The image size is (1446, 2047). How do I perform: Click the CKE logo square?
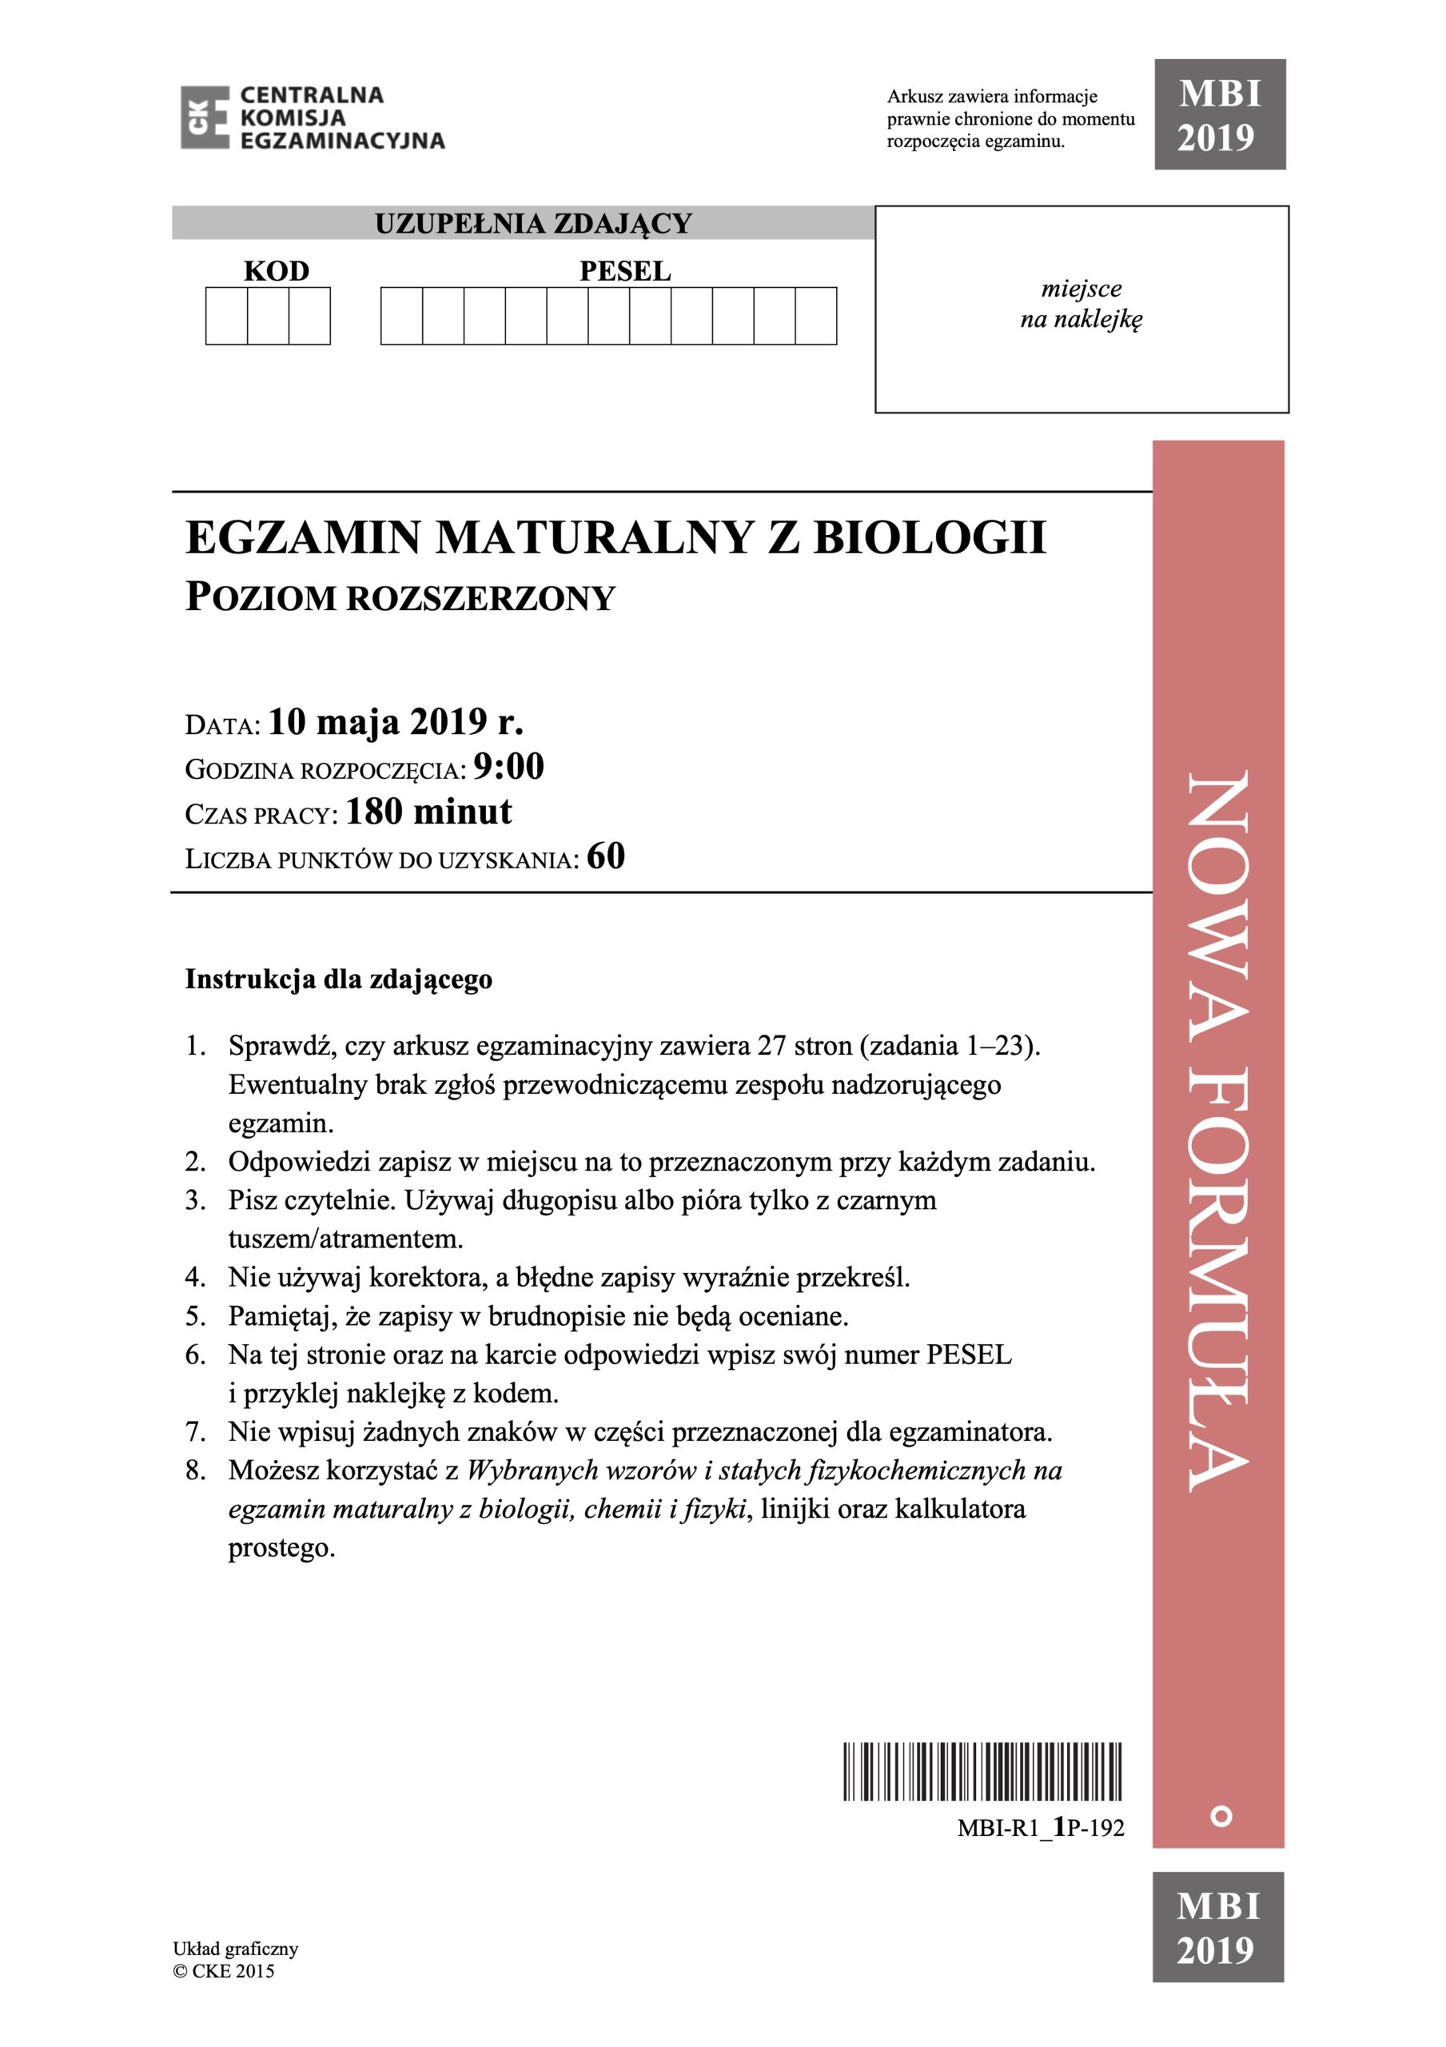tap(205, 117)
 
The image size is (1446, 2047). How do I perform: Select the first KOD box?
tap(226, 316)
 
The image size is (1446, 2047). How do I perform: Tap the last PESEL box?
tap(815, 316)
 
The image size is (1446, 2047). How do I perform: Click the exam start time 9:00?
tap(508, 768)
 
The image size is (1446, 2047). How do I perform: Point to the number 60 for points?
tap(606, 856)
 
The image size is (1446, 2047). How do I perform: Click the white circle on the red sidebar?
tap(1221, 1816)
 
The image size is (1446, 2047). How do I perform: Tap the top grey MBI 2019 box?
tap(1220, 115)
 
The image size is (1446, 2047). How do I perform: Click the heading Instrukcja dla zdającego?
tap(339, 979)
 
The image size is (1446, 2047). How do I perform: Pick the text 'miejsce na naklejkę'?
tap(1081, 304)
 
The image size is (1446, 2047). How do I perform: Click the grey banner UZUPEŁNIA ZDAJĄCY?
tap(533, 223)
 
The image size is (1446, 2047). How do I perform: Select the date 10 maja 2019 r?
tap(396, 722)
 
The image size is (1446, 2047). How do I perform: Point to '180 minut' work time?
tap(428, 812)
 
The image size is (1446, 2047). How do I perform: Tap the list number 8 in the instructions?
tap(195, 1470)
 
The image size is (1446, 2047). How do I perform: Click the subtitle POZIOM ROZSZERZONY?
tap(400, 597)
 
